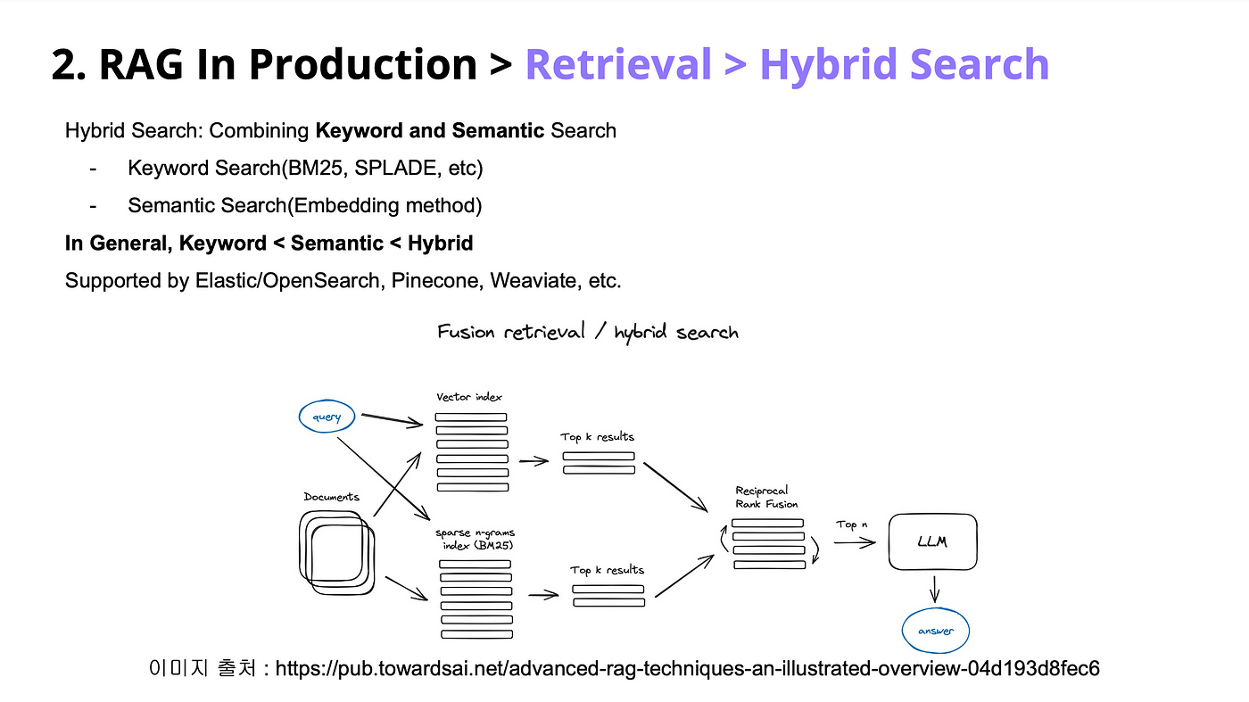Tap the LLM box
coord(932,541)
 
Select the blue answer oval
coord(935,631)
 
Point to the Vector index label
coord(470,397)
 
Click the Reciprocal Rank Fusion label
coord(766,497)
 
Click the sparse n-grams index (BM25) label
coord(476,539)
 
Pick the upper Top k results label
coord(597,437)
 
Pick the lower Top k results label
coord(607,570)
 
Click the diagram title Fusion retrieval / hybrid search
coord(587,333)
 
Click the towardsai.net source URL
coord(687,668)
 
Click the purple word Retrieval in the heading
coord(617,65)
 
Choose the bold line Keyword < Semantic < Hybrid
coord(269,244)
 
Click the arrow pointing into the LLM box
coord(854,542)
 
